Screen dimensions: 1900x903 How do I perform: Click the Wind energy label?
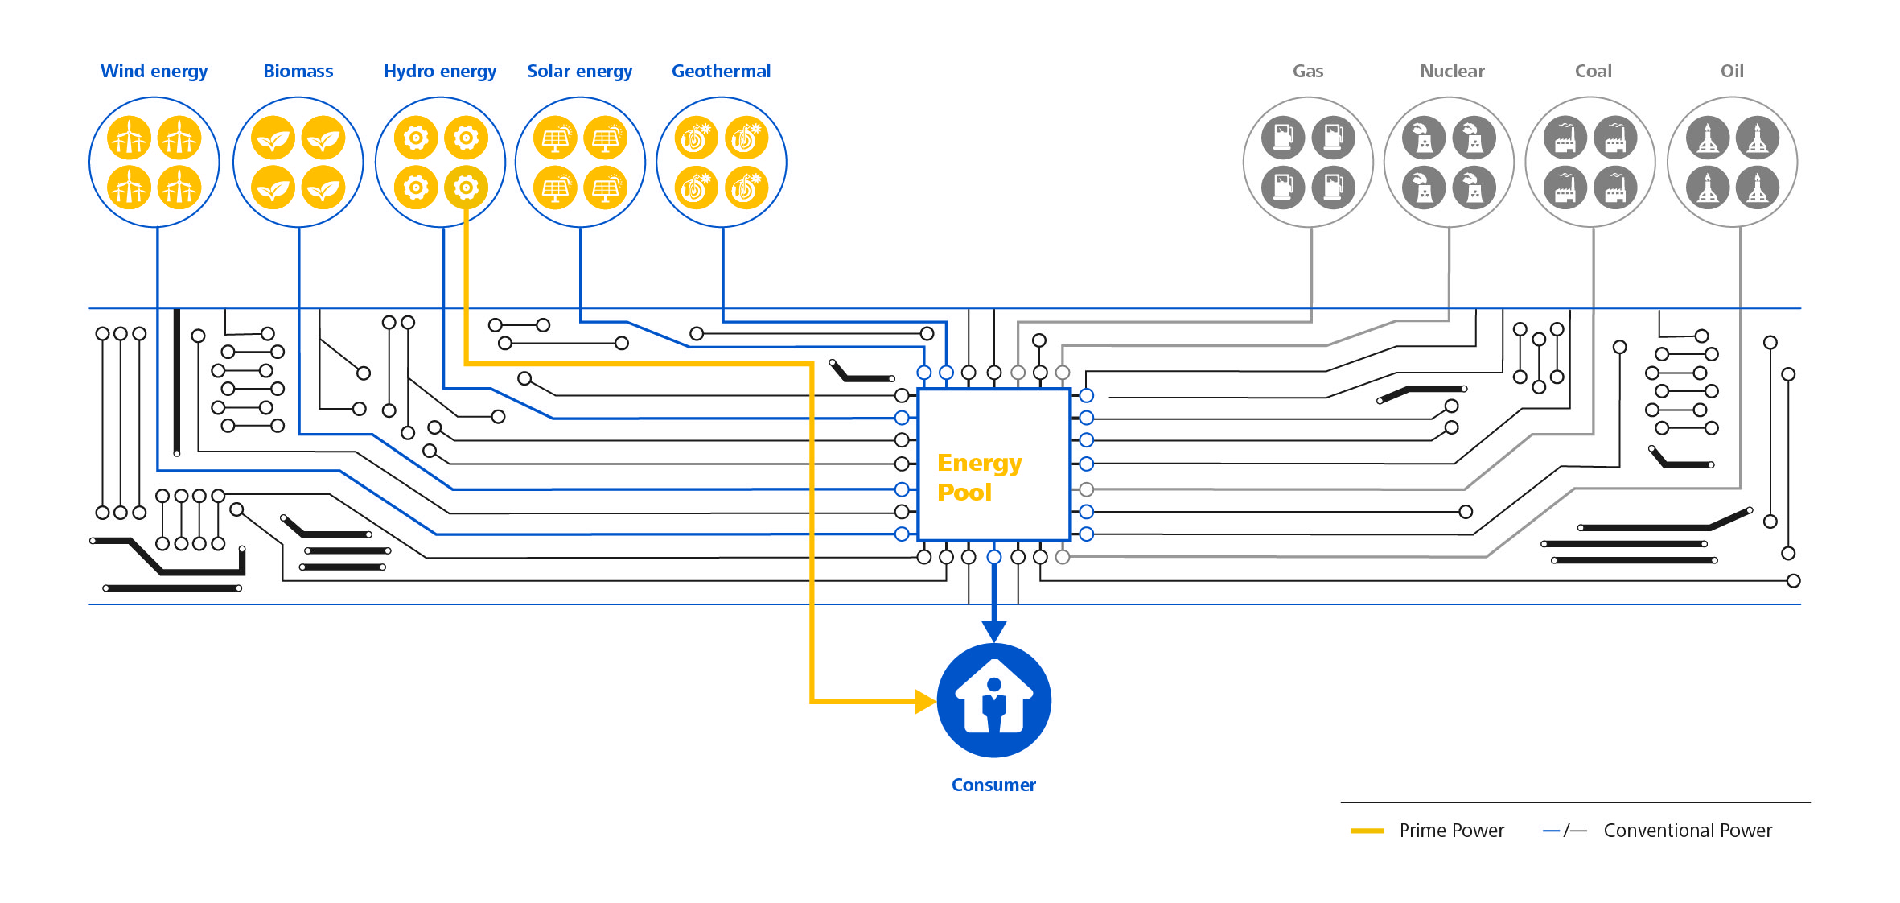[154, 72]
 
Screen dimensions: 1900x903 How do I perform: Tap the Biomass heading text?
[298, 71]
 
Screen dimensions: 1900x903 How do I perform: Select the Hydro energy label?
[440, 72]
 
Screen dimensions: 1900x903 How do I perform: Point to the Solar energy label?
[579, 72]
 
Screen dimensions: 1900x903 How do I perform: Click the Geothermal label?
[721, 71]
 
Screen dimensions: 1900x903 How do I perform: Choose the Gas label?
[1308, 71]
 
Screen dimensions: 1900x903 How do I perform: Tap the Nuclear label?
[1452, 71]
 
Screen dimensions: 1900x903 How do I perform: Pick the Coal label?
[1593, 71]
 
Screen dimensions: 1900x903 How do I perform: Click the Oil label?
[1732, 71]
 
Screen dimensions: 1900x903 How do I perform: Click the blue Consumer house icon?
[994, 700]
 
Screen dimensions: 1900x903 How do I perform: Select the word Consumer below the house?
[993, 785]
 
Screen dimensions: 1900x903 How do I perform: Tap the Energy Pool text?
[979, 476]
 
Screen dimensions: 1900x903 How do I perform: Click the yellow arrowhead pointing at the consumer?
[926, 701]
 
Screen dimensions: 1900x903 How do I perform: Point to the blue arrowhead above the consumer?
[994, 631]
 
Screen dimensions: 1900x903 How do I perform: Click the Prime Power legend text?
[1451, 831]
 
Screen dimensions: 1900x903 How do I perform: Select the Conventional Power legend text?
[1688, 831]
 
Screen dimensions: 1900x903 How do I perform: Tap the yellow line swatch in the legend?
[1367, 831]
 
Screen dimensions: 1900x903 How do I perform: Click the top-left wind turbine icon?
[130, 138]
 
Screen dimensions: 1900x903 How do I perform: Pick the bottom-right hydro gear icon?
[466, 188]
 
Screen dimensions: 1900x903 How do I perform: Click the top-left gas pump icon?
[1283, 138]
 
